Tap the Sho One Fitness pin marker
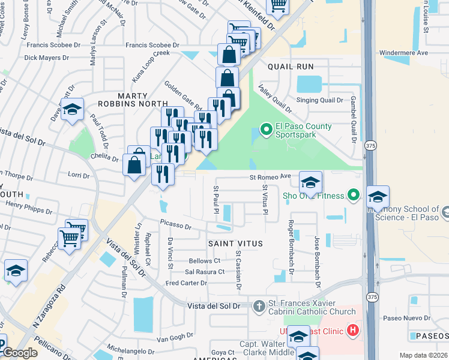tap(354, 195)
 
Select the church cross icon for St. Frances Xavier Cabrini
tap(259, 306)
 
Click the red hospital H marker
tap(354, 329)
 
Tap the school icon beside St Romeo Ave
tap(310, 182)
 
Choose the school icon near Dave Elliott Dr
tap(72, 110)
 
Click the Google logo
tap(20, 353)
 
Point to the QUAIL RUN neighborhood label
tap(291, 66)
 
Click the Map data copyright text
tap(423, 355)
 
